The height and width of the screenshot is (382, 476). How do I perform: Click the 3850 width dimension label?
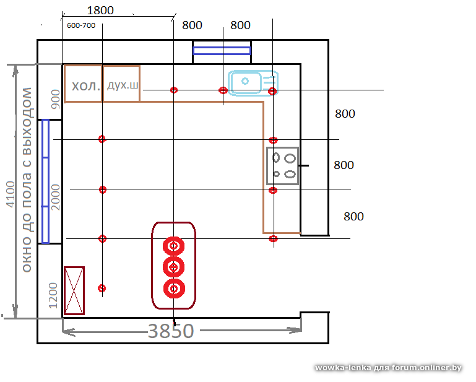170,331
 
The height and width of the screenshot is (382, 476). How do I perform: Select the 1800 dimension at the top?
100,11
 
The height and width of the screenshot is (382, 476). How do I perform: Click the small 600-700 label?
80,25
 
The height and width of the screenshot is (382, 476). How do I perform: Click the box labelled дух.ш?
122,84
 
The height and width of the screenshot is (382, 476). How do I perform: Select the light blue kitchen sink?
253,83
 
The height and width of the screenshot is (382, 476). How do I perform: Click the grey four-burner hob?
282,165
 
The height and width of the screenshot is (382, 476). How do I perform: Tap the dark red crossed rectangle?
74,290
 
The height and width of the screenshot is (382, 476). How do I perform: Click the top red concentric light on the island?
174,246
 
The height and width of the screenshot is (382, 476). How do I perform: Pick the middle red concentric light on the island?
174,267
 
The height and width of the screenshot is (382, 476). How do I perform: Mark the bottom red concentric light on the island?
174,288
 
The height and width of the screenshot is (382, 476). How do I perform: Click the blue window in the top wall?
222,50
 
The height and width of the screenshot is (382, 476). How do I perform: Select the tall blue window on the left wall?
45,181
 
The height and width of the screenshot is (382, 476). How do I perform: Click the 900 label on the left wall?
56,96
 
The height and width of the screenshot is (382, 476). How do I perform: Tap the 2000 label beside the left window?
56,197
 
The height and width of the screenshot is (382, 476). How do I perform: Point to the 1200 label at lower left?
53,294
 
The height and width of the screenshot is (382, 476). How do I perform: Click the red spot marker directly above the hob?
273,141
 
